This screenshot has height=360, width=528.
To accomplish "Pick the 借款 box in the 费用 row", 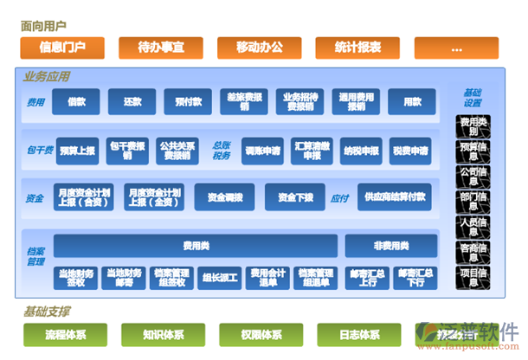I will pos(76,101).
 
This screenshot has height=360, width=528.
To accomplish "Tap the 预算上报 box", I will pos(75,151).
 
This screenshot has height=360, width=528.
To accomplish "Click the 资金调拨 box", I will pos(224,197).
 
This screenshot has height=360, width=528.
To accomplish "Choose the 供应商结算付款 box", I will pos(396,197).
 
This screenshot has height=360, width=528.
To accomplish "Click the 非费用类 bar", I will pos(391,246).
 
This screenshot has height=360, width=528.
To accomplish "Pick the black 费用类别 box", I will pos(474,126).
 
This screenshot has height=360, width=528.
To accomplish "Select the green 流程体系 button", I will pos(66,334).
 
